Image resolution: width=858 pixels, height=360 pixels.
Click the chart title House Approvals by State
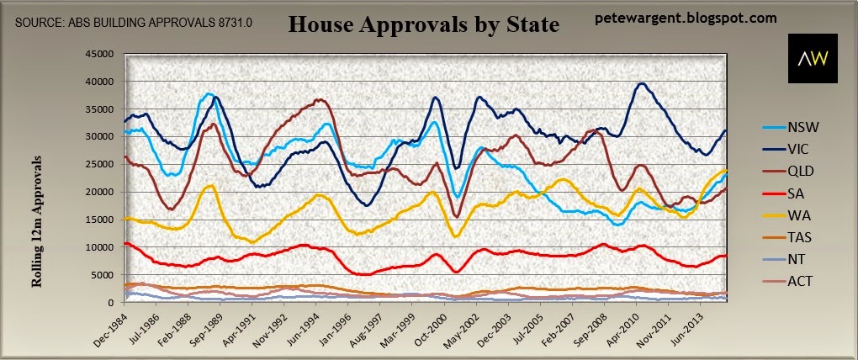tap(423, 24)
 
